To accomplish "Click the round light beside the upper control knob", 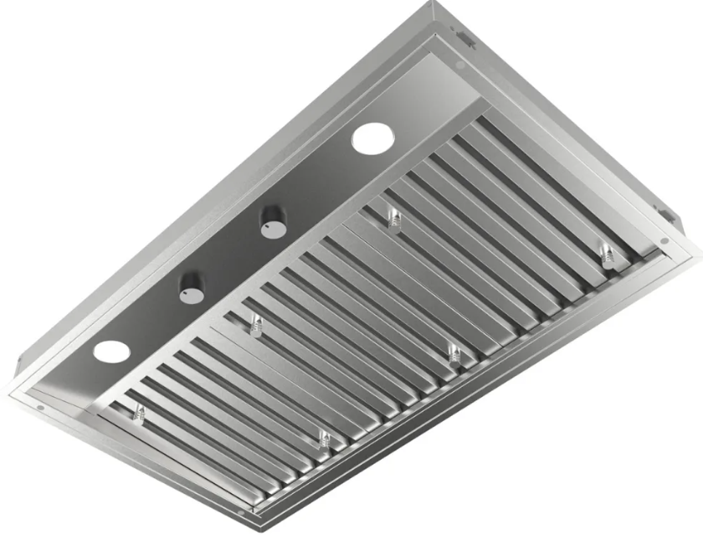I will coord(372,138).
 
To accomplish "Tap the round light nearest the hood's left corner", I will coord(111,352).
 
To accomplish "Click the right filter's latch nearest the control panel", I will coord(394,219).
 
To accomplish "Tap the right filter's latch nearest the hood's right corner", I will coord(604,253).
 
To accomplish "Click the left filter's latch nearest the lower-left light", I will coord(139,412).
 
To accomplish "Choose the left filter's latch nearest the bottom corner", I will coord(324,439).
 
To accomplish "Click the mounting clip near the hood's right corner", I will coord(670,216).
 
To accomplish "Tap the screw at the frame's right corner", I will coord(665,242).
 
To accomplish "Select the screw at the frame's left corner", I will coord(39,408).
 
